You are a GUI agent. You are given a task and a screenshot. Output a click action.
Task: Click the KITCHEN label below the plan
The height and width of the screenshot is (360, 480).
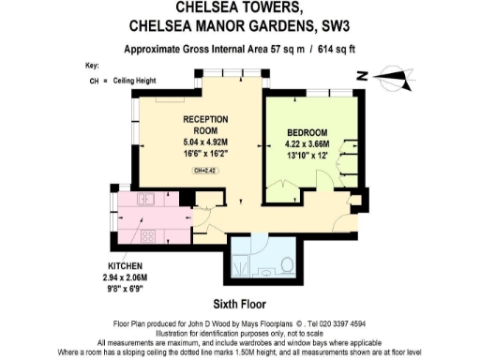pos(124,266)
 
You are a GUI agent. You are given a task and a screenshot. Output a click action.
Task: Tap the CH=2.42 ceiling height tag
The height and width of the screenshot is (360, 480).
pos(203,171)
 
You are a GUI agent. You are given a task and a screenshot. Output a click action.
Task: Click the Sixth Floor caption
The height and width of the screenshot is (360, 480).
pos(239,305)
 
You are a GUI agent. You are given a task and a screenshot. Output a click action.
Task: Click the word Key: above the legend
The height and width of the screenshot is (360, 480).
pos(91,67)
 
